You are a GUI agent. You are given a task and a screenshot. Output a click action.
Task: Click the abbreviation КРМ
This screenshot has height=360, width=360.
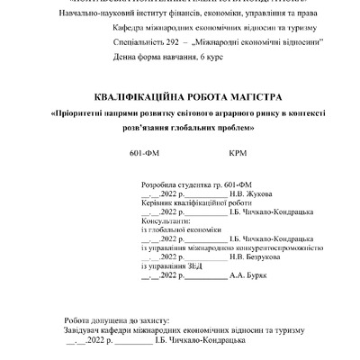coord(238,152)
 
